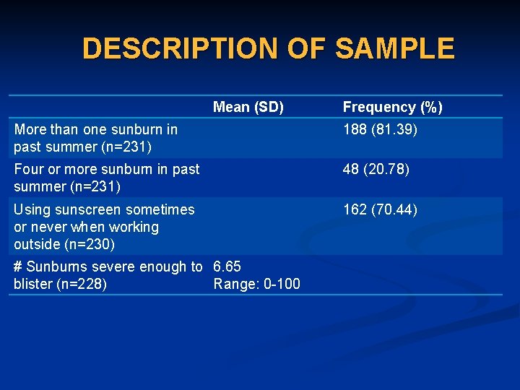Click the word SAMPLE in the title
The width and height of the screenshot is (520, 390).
(x=395, y=48)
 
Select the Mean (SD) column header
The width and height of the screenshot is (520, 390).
(x=248, y=108)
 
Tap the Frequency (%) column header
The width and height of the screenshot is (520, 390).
(x=392, y=108)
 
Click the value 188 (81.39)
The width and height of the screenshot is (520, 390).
(x=380, y=130)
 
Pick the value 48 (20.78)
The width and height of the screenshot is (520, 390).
(x=376, y=170)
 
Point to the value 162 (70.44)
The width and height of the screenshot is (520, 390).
(x=380, y=210)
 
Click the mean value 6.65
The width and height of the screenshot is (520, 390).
(x=227, y=267)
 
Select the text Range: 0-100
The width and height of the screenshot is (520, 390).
(x=256, y=285)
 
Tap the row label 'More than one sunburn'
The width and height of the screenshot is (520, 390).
(x=95, y=139)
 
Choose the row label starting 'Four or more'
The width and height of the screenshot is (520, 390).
(x=106, y=178)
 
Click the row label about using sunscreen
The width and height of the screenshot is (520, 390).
(x=103, y=227)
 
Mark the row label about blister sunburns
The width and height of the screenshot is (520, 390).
(x=107, y=275)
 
